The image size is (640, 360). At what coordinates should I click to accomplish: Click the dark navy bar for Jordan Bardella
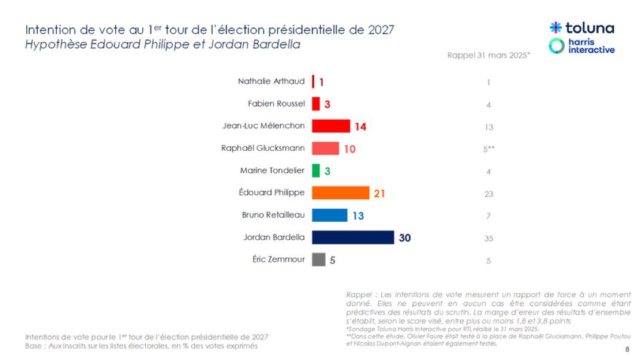[353, 237]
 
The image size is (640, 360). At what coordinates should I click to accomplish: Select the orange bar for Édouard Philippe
[341, 193]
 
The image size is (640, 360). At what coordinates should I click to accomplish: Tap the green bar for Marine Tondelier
[316, 170]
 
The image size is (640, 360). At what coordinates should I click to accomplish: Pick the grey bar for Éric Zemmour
[319, 260]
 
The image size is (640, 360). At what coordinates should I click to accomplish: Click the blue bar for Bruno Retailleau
[329, 215]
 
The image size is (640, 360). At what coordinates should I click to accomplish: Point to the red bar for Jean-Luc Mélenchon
[331, 126]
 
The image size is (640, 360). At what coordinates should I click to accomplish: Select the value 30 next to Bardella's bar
[405, 238]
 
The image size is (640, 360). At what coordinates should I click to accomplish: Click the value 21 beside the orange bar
[379, 193]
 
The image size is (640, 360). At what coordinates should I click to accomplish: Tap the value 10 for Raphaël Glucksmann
[350, 149]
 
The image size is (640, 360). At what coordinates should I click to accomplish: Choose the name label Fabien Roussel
[276, 103]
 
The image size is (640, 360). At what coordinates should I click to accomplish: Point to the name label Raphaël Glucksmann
[263, 148]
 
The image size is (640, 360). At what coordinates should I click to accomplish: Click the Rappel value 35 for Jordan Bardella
[488, 238]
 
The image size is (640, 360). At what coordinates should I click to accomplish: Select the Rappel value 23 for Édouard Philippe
[488, 194]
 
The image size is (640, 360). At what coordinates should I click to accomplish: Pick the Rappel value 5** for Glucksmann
[489, 149]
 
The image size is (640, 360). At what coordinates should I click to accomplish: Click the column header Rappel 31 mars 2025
[488, 55]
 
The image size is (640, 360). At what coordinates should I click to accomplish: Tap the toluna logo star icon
[555, 28]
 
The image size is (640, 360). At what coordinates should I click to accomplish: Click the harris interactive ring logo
[556, 46]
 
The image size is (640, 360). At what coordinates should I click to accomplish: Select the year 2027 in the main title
[381, 30]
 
